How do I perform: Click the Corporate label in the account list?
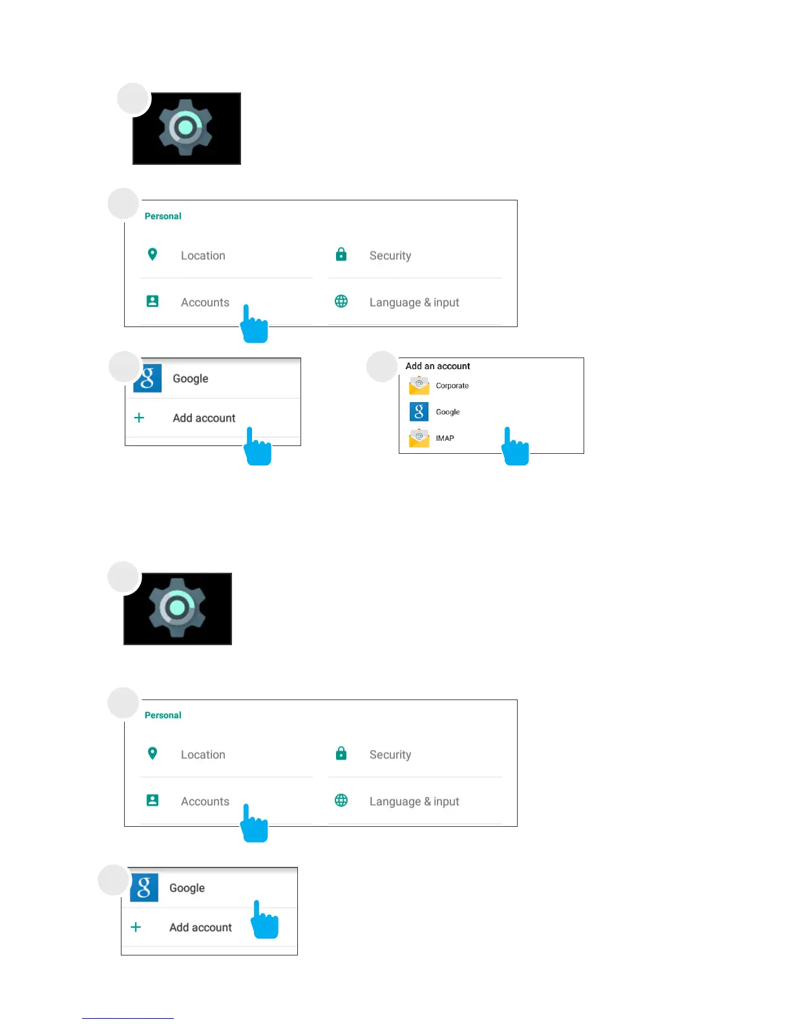(x=452, y=386)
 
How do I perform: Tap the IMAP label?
(x=445, y=438)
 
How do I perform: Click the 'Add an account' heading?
(x=438, y=366)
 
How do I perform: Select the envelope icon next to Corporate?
(x=419, y=386)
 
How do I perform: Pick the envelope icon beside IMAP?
(x=419, y=438)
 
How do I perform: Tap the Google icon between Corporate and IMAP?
(x=419, y=412)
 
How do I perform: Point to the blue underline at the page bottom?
(x=127, y=1018)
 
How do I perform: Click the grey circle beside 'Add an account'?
(x=382, y=367)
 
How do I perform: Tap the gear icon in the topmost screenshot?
(x=186, y=127)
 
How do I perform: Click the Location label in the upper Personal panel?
(x=203, y=256)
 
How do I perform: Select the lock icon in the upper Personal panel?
(x=341, y=255)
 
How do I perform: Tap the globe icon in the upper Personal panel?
(x=341, y=301)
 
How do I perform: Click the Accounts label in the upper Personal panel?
(x=205, y=303)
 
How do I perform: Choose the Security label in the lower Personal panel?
(x=390, y=755)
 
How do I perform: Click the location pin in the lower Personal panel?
(x=153, y=753)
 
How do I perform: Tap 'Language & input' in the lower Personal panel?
(x=414, y=802)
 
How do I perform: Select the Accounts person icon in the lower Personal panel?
(x=153, y=800)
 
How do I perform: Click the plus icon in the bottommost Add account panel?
(x=136, y=927)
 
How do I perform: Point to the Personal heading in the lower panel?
(x=163, y=715)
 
